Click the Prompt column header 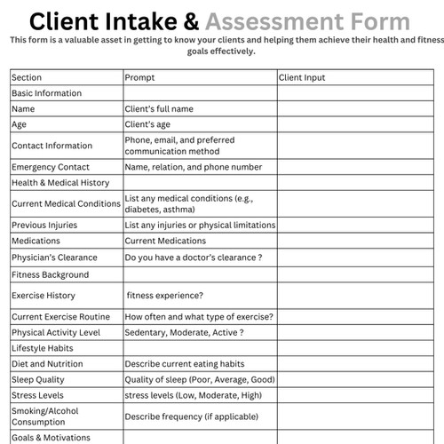tap(139, 78)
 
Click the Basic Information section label tap(46, 93)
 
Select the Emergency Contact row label tap(51, 167)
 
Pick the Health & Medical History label tap(60, 183)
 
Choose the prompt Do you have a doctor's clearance tap(193, 258)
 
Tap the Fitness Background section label tap(50, 275)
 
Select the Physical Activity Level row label tap(59, 332)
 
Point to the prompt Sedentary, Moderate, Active tap(184, 332)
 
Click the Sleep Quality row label tap(37, 379)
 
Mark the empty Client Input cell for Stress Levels tap(354, 395)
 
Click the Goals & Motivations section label tap(52, 437)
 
